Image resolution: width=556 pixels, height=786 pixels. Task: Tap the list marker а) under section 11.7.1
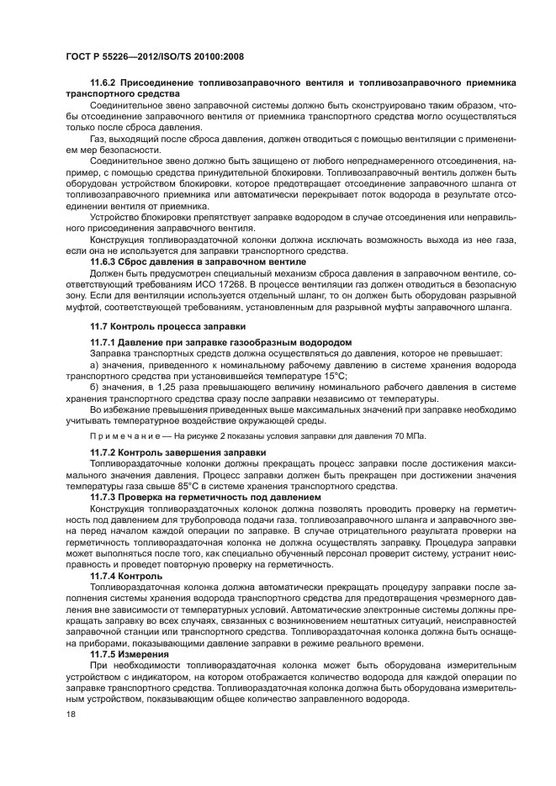94,366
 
